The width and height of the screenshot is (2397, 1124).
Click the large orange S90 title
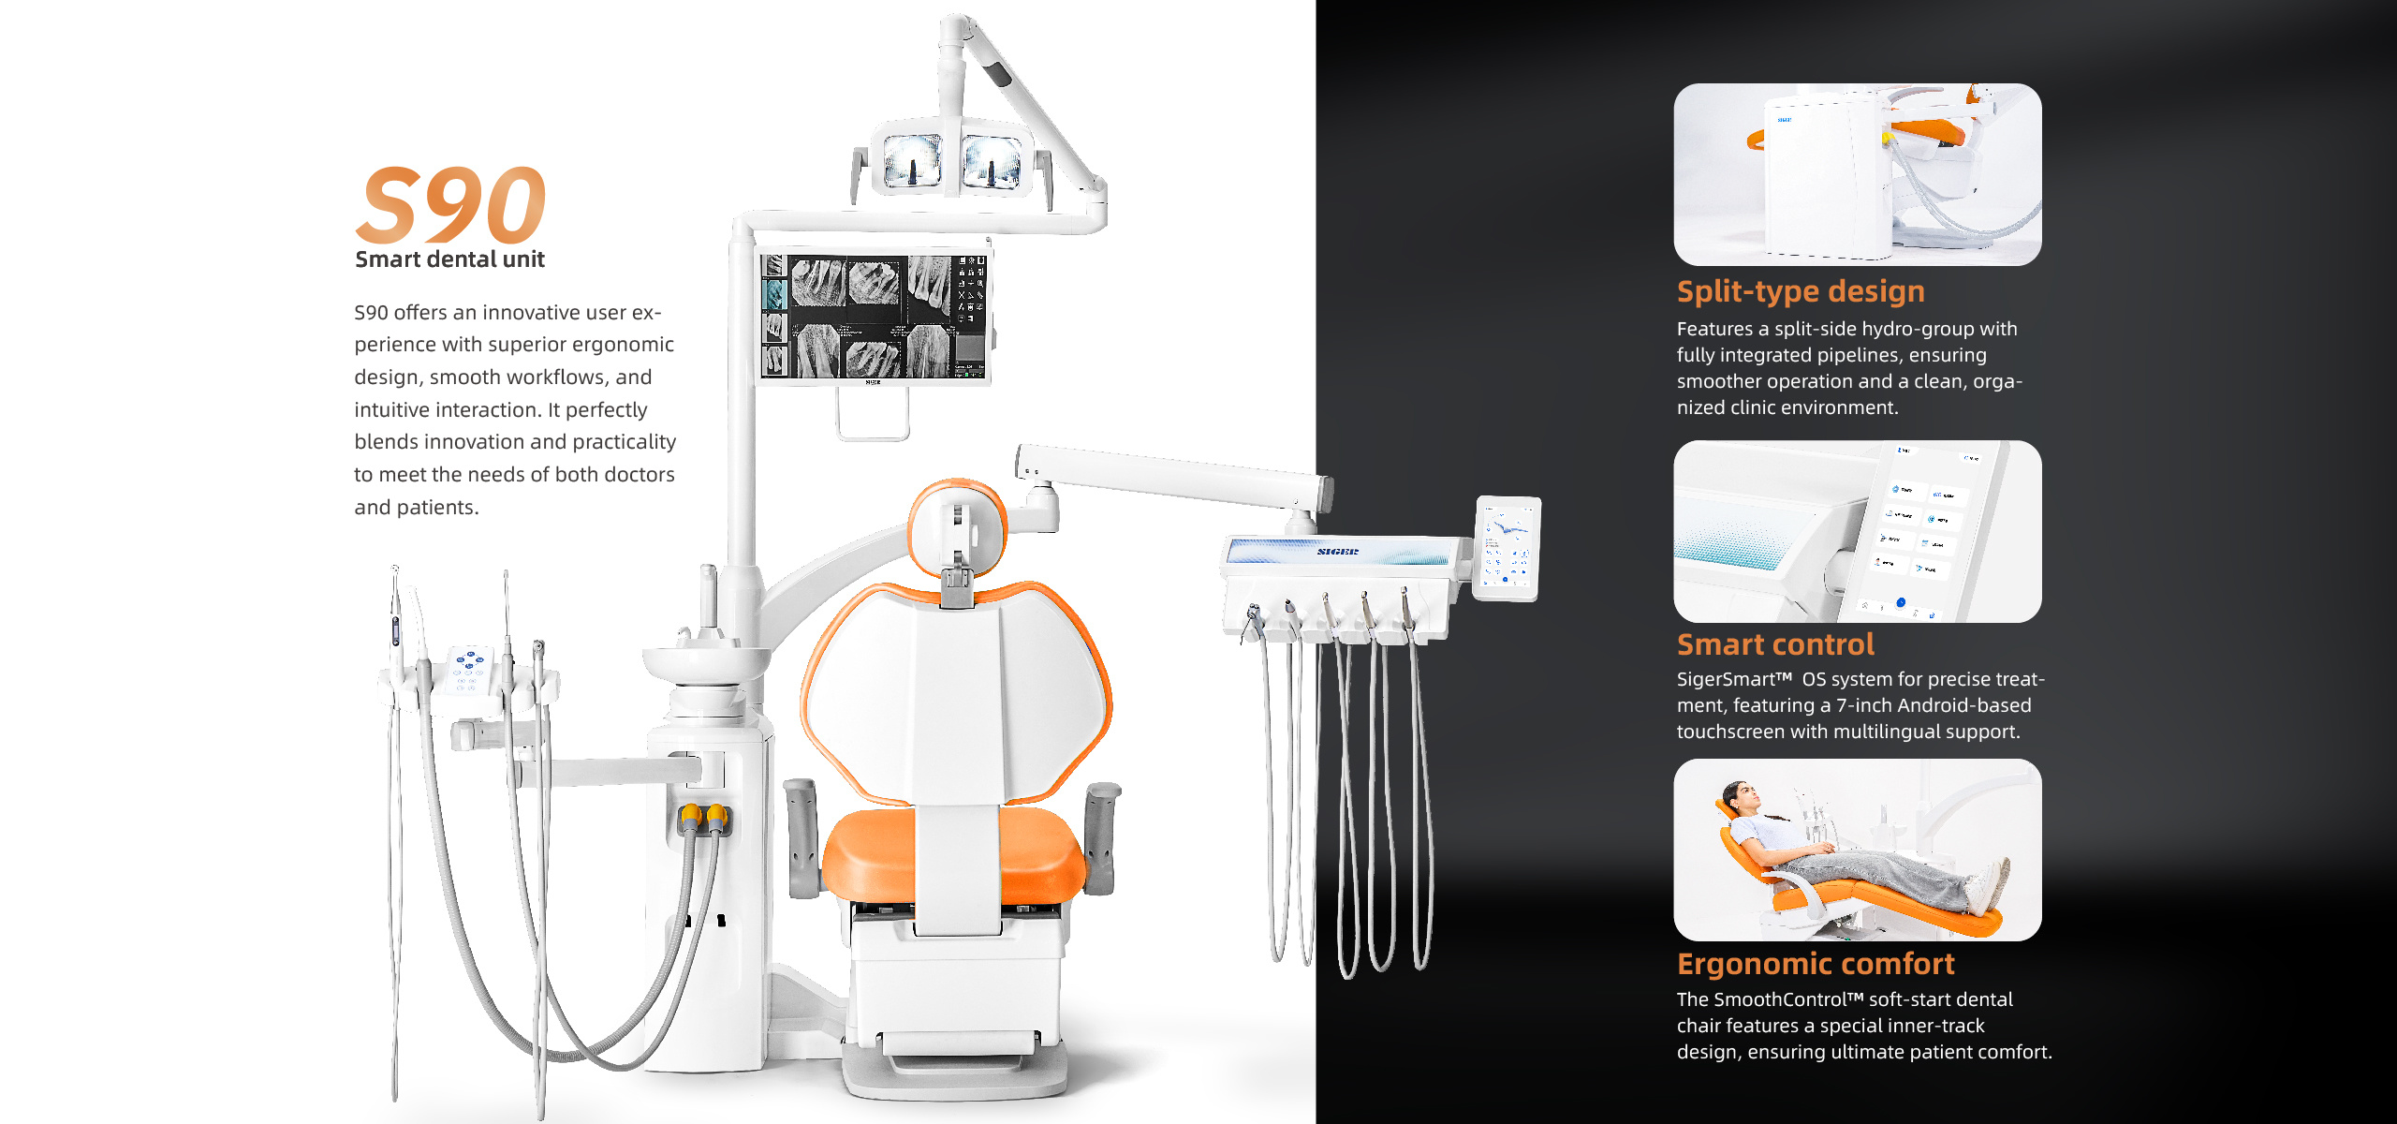450,204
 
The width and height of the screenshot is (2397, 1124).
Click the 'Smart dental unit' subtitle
449,259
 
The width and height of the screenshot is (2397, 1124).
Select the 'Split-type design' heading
1801,291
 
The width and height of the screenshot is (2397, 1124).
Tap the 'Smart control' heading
1775,644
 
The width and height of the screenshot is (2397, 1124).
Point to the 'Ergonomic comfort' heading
1816,964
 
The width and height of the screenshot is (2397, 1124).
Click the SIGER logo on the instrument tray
1337,552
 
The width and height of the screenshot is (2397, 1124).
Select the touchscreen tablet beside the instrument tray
1507,548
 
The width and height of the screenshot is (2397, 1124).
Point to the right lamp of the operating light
992,160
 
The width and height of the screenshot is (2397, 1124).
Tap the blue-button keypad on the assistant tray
468,669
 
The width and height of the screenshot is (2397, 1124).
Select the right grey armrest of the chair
1102,836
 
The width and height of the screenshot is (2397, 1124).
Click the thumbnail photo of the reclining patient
1858,850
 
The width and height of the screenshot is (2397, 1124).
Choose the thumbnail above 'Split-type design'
1858,174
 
